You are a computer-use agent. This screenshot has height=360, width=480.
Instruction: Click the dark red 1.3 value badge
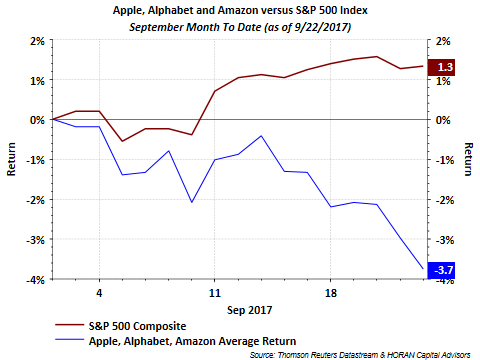[x=441, y=68]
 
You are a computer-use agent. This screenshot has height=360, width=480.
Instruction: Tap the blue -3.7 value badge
[x=441, y=270]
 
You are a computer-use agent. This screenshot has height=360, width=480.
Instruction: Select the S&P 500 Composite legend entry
[x=121, y=326]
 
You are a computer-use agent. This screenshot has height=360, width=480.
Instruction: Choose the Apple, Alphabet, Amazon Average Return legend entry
[x=176, y=341]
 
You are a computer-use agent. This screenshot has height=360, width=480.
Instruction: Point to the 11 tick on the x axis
[x=215, y=293]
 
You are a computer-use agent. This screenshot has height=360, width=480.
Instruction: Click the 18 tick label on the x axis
[x=330, y=293]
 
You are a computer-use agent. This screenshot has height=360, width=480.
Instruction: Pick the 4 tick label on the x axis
[x=99, y=293]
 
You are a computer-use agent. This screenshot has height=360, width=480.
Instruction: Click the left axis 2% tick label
[x=37, y=41]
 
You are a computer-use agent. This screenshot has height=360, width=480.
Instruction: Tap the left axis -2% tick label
[x=35, y=200]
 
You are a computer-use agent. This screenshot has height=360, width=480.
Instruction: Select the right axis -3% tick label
[x=445, y=240]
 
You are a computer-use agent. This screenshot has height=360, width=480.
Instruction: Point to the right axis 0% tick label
[x=443, y=120]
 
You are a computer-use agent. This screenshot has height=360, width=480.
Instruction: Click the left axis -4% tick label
[x=35, y=280]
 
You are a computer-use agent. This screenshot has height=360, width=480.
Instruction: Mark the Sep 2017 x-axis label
[x=249, y=310]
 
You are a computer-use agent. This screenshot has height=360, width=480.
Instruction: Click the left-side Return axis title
[x=11, y=159]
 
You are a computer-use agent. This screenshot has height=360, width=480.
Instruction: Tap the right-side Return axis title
[x=469, y=159]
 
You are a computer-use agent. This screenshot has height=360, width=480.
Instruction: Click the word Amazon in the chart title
[x=238, y=10]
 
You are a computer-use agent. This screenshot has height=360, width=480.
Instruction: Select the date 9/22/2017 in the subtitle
[x=322, y=27]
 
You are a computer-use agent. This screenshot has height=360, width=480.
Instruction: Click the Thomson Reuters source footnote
[x=360, y=355]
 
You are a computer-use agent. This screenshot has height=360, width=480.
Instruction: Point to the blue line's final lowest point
[x=423, y=268]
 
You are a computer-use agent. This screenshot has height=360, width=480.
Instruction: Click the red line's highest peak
[x=377, y=56]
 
